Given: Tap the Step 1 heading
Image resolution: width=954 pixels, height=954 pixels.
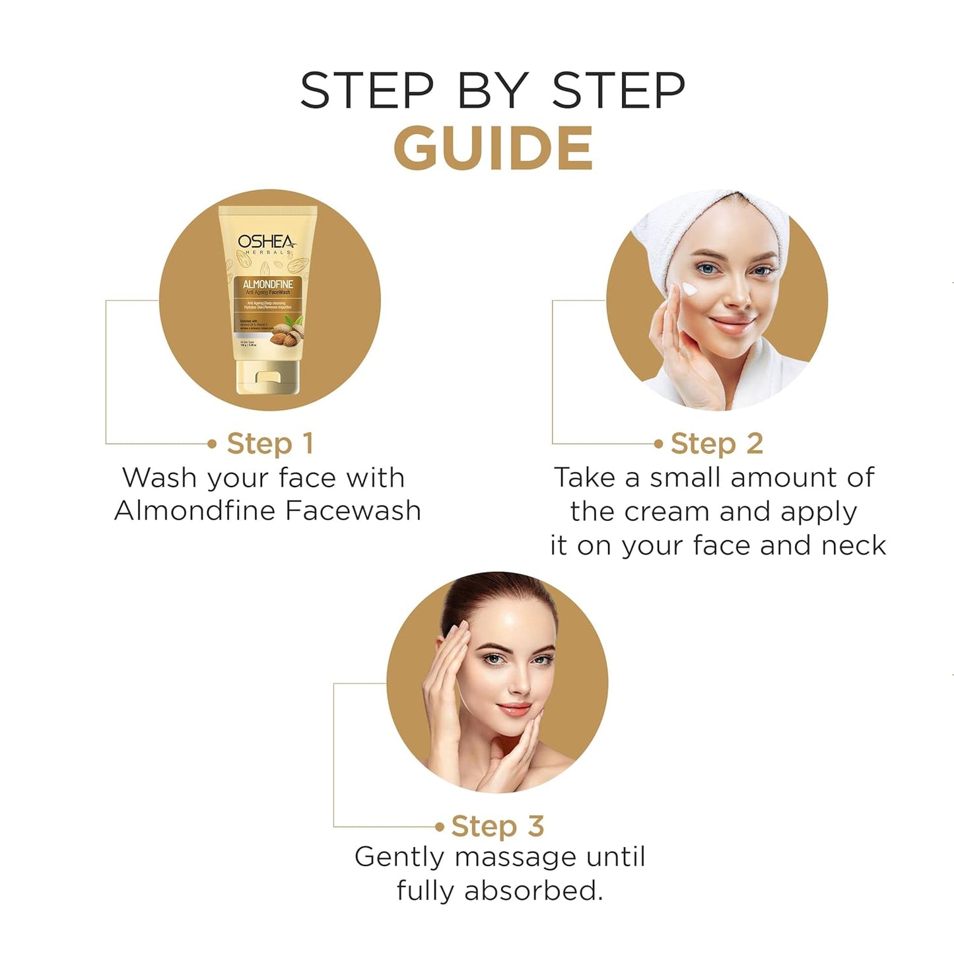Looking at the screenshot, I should click(269, 444).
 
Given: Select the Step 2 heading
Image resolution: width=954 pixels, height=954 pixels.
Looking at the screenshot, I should click(716, 444).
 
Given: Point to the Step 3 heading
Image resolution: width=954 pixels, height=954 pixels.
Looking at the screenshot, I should click(497, 826).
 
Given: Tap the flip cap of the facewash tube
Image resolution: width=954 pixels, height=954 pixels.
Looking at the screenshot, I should click(267, 380).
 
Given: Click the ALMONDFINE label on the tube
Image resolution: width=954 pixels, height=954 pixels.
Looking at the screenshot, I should click(267, 285).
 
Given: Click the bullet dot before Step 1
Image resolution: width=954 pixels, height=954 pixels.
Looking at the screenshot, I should click(212, 444).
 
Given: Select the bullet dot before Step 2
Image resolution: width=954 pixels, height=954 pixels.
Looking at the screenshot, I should click(658, 444).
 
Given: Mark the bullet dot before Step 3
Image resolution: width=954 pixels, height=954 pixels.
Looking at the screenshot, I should click(440, 827).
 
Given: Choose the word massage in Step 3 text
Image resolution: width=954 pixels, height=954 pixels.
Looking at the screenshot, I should click(506, 858).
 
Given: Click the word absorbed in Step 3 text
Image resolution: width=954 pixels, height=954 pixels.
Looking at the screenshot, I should click(533, 891).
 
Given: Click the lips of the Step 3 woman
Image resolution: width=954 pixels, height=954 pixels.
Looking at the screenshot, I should click(514, 710).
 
